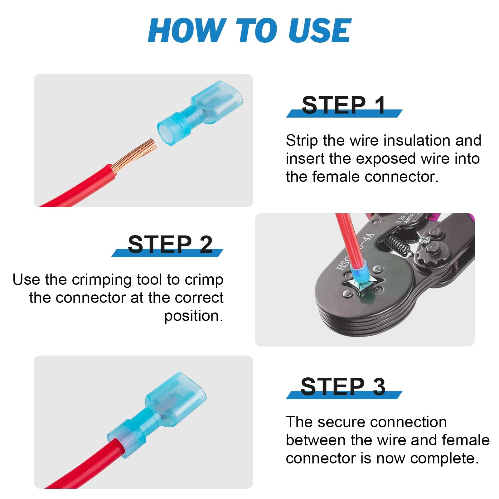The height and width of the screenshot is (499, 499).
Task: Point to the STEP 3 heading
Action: point(343,386)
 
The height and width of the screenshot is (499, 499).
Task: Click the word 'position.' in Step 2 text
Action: point(194,316)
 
